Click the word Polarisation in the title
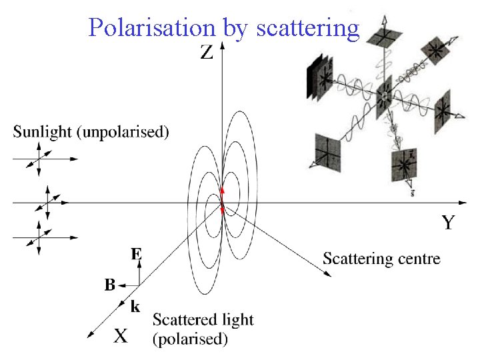coord(152,27)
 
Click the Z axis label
coord(207,53)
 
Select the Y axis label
coord(448,223)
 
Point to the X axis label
coord(120,335)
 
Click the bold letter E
coord(136,254)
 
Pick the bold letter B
coord(110,285)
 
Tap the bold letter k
coord(135,307)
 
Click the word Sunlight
coord(44,132)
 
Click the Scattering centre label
coord(381,259)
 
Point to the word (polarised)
coord(191,339)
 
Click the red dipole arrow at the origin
coord(223,200)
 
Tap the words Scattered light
coord(203,320)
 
